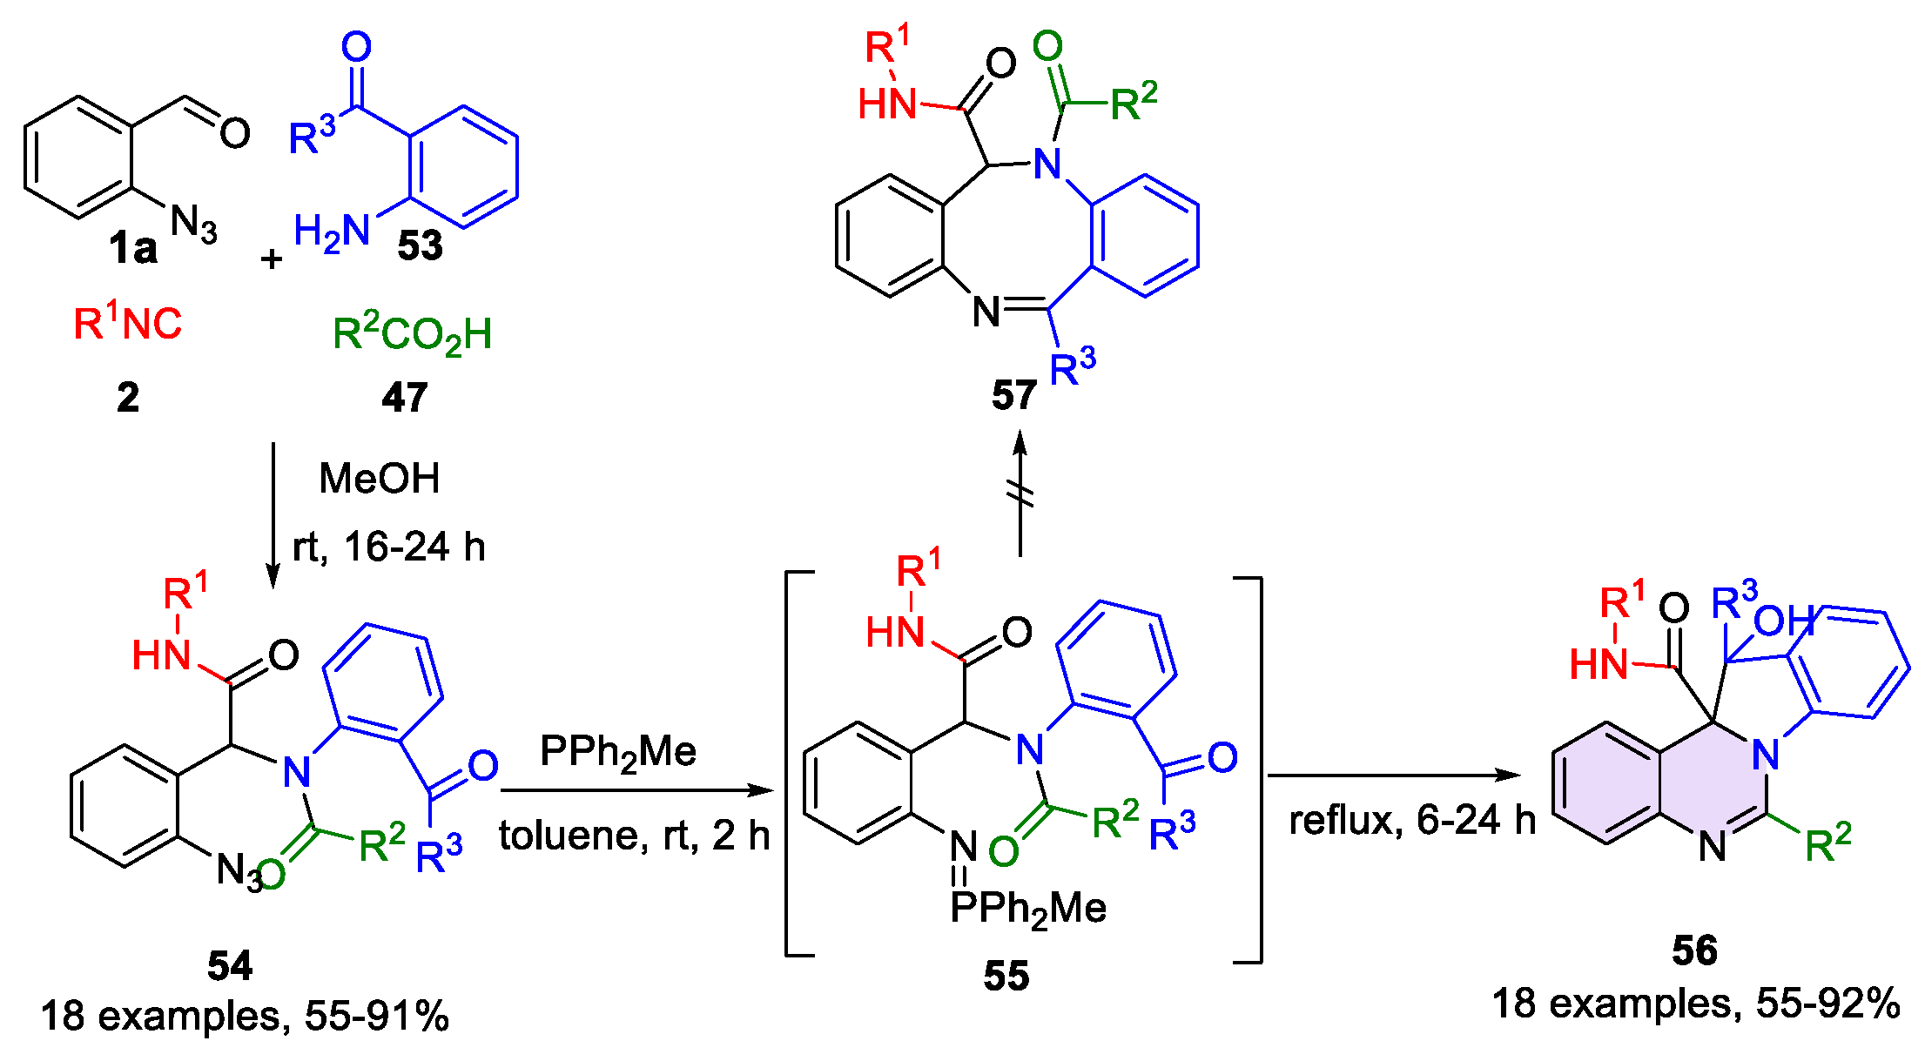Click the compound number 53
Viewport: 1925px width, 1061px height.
click(420, 246)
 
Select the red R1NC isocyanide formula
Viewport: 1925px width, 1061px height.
click(127, 323)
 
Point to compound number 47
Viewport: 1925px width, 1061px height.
click(405, 398)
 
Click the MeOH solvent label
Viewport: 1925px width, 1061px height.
click(380, 479)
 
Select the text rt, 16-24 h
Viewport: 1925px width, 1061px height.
click(388, 547)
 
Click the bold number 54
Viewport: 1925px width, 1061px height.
click(230, 965)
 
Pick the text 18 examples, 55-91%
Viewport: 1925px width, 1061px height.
click(245, 1016)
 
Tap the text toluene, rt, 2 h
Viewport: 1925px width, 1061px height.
click(634, 836)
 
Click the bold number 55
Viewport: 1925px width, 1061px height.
click(1006, 976)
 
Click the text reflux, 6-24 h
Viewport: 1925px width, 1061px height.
click(1411, 820)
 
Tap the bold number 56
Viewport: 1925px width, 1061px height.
click(1694, 950)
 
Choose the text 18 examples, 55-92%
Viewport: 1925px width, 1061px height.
click(1696, 1004)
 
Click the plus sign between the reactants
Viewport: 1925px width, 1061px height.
click(272, 259)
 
